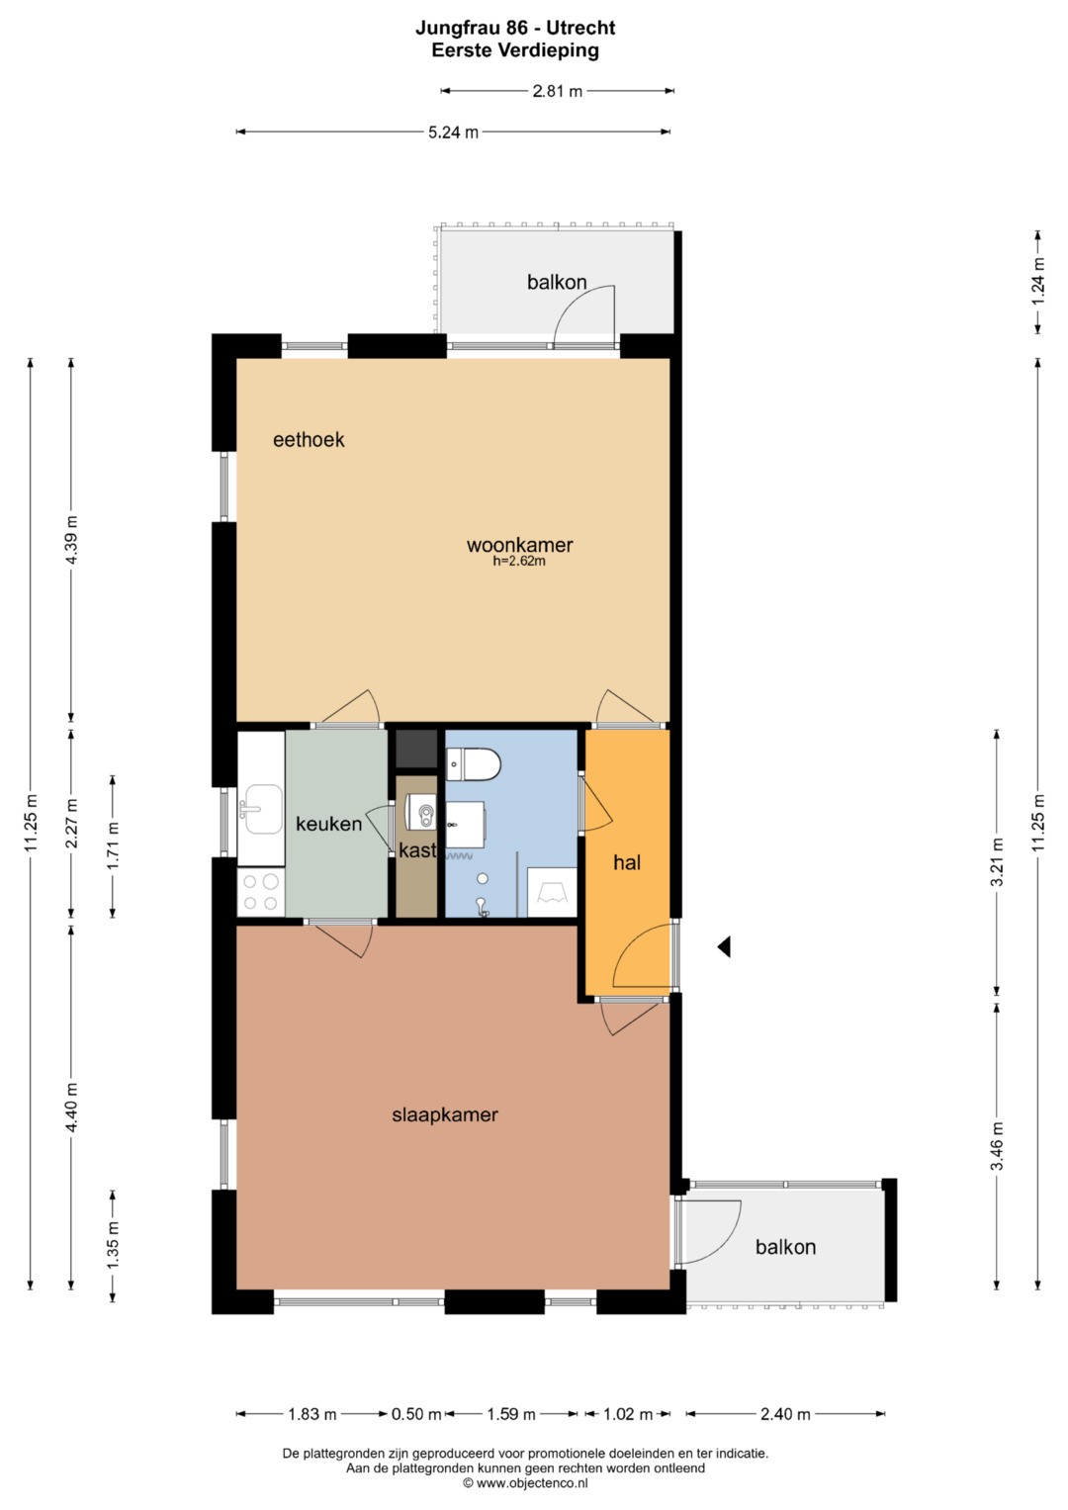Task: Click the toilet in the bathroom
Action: pyautogui.click(x=473, y=764)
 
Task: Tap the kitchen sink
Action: pyautogui.click(x=261, y=810)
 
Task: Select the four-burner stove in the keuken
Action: pyautogui.click(x=261, y=891)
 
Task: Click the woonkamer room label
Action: pyautogui.click(x=519, y=545)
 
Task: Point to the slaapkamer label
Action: pyautogui.click(x=445, y=1115)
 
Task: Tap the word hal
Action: pyautogui.click(x=626, y=863)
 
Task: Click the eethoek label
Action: pyautogui.click(x=309, y=439)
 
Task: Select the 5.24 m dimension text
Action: pyautogui.click(x=453, y=133)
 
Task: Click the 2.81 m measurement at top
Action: pyautogui.click(x=557, y=91)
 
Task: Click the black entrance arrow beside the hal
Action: pyautogui.click(x=724, y=947)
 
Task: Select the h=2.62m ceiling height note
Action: pyautogui.click(x=519, y=561)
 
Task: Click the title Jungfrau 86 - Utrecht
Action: pyautogui.click(x=515, y=28)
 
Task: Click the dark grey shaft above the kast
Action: pyautogui.click(x=416, y=749)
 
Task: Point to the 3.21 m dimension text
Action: pyautogui.click(x=997, y=862)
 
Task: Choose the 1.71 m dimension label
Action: pyautogui.click(x=113, y=845)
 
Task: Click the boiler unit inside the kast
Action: pyautogui.click(x=420, y=812)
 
